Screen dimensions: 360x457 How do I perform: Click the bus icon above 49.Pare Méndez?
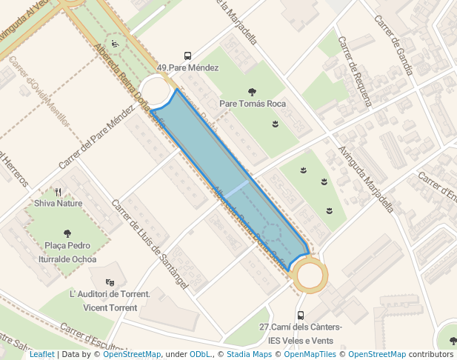click(187, 56)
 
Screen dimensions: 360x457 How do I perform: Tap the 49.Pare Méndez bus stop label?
click(187, 67)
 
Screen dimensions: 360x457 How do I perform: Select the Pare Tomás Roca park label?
click(253, 104)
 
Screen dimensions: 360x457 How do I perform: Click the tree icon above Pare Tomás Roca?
click(253, 92)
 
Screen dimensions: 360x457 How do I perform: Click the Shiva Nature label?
click(59, 202)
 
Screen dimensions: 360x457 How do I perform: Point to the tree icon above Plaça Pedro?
click(67, 233)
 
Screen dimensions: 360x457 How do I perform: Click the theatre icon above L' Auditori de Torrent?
click(110, 282)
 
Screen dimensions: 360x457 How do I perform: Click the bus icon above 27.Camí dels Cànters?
click(300, 315)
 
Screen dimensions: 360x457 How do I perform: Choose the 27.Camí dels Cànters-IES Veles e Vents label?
click(300, 333)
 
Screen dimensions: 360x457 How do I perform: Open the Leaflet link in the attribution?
click(41, 354)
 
